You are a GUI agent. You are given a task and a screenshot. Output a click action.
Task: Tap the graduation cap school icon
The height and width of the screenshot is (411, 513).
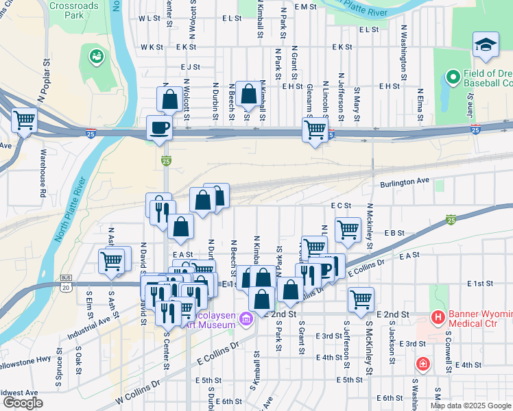(x=486, y=45)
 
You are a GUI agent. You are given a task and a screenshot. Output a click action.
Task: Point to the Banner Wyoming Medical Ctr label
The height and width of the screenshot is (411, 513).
(x=480, y=322)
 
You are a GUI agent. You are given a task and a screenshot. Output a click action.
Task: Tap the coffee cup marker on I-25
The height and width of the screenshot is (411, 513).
(x=159, y=127)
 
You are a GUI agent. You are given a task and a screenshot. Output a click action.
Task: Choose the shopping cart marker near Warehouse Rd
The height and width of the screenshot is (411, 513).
(x=24, y=121)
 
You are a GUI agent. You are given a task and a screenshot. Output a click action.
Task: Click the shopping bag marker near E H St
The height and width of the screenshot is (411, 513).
(x=249, y=95)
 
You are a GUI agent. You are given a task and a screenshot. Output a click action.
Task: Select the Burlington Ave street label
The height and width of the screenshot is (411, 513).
(x=405, y=183)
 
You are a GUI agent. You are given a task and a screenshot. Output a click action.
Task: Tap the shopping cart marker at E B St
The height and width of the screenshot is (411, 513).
(x=348, y=229)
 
